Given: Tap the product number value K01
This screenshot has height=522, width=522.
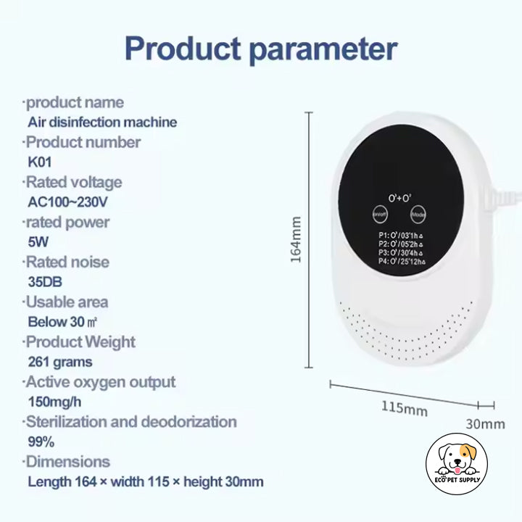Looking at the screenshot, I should (39, 162).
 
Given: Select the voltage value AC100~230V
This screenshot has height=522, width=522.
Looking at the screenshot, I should (71, 202).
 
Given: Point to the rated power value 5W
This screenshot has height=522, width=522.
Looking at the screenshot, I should (38, 242).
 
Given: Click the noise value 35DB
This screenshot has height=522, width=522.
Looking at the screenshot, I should (44, 282).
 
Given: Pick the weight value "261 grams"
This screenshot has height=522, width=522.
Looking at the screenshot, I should (60, 362).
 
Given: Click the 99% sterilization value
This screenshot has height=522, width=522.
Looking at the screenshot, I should (40, 442).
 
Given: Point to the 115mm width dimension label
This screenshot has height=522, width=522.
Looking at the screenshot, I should (404, 410).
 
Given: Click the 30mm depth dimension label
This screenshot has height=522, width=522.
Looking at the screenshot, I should (484, 423).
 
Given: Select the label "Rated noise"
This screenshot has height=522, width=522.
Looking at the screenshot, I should (67, 262).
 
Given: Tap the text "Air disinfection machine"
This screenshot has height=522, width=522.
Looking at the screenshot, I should (102, 122).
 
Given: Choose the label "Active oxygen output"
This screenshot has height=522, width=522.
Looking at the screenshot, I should (100, 382).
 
